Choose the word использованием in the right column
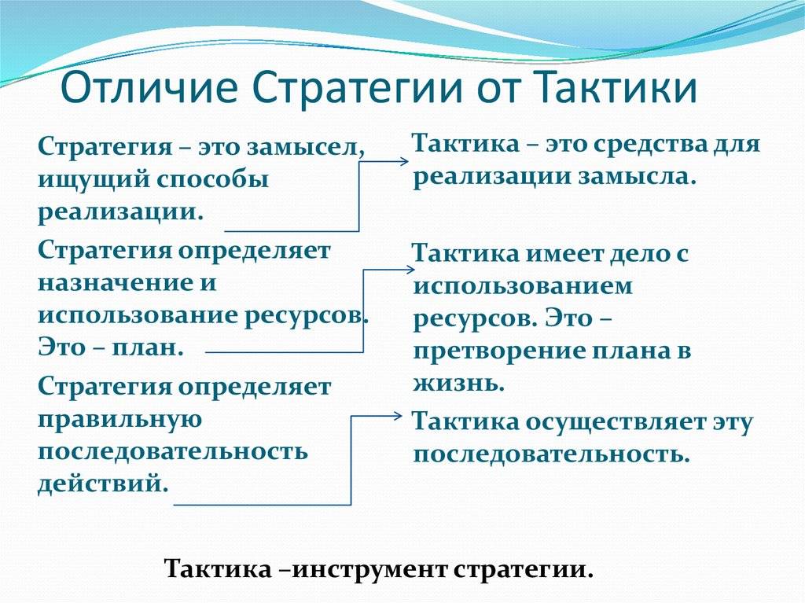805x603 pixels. tap(523, 285)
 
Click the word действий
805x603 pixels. tap(103, 484)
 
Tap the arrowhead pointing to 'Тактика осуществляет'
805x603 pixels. tap(396, 416)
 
